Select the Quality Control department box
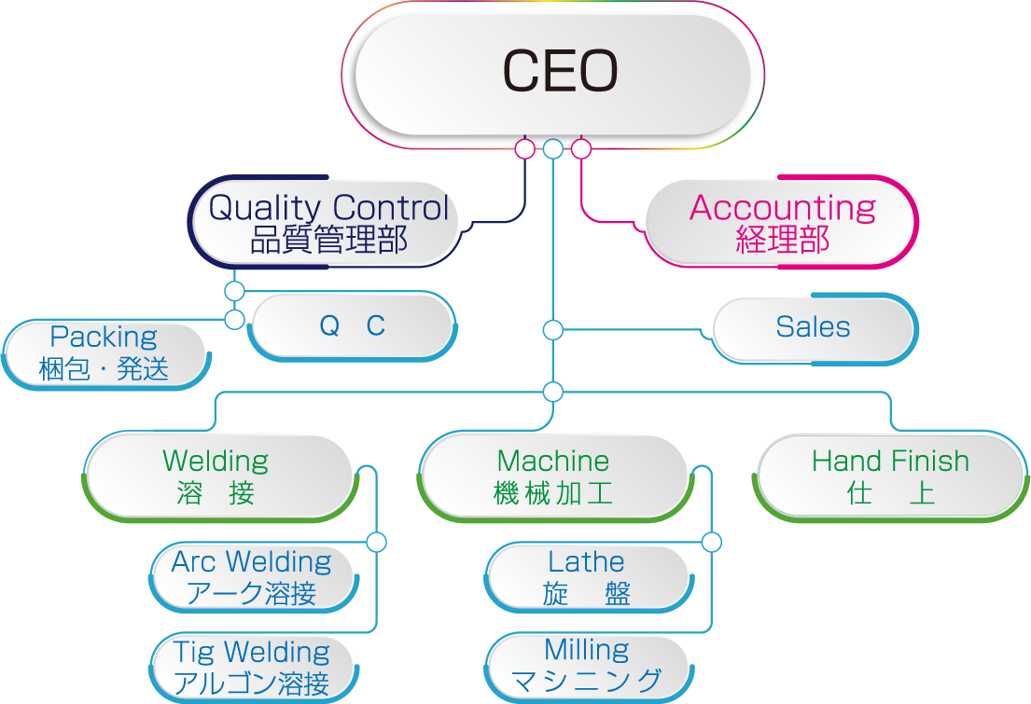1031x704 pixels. pos(327,222)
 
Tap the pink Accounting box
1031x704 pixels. pos(782,222)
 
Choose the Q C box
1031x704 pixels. pos(352,325)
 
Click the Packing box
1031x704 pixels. pos(104,352)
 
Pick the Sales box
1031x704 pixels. pos(813,327)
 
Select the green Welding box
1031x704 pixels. pos(216,476)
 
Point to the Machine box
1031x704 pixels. pos(553,476)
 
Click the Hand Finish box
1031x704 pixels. pos(890,476)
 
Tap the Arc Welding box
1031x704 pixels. pos(252,576)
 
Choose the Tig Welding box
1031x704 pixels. pos(252,667)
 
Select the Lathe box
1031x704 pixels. pos(587,576)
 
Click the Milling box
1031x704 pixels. pos(587,666)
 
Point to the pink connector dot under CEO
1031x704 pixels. pos(581,148)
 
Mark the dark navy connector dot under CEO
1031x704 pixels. pos(525,148)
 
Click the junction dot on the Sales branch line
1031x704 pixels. pos(553,330)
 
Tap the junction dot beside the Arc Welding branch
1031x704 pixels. pos(377,542)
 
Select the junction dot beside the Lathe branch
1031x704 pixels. pos(712,542)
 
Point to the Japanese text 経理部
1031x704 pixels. pos(782,240)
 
